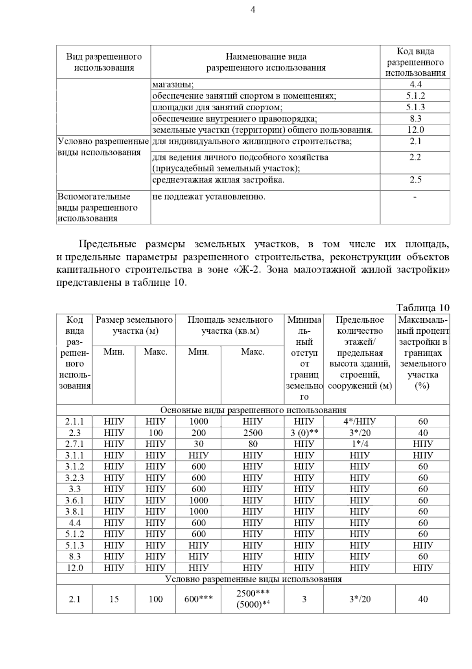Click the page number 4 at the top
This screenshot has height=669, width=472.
(x=253, y=10)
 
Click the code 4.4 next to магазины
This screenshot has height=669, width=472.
(x=415, y=84)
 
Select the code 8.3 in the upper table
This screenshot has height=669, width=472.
(x=415, y=119)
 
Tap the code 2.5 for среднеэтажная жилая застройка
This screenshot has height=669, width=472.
(x=415, y=180)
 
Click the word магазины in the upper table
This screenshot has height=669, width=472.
(x=173, y=84)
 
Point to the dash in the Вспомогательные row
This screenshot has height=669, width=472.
(x=415, y=197)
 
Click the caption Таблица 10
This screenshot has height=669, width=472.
(x=422, y=308)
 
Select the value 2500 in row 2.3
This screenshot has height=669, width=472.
(x=253, y=433)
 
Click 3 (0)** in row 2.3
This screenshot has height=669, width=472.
(x=304, y=433)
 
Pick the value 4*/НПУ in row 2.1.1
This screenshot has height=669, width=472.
(x=360, y=422)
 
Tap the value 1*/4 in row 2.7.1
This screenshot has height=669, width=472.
(x=360, y=444)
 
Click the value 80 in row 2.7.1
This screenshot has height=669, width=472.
(x=253, y=444)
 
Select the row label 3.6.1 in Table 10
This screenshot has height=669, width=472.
(x=74, y=500)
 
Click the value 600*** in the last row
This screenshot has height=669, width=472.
(x=199, y=599)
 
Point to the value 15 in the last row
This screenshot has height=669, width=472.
(x=114, y=599)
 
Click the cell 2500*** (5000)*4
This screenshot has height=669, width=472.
(x=253, y=599)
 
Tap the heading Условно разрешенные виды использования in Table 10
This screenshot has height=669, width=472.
(x=253, y=579)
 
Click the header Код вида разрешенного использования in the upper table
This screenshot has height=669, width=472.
(x=415, y=62)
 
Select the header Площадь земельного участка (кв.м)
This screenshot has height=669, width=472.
(x=230, y=325)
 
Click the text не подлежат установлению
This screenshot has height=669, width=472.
(x=208, y=197)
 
